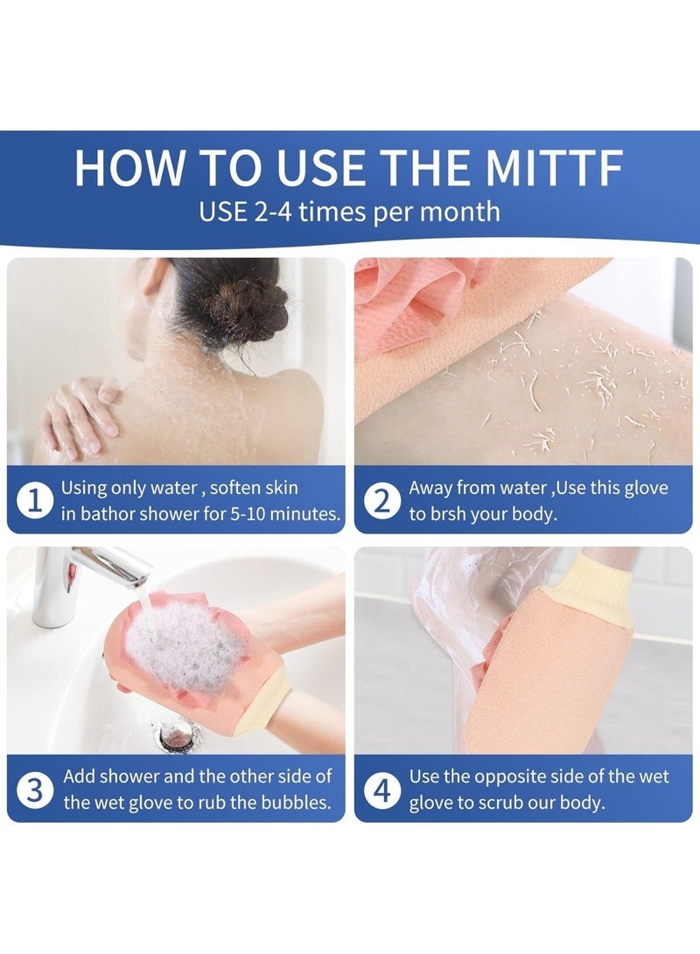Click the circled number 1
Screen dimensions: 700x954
(35, 500)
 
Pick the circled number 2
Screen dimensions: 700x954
(381, 501)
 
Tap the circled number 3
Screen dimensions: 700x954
(35, 790)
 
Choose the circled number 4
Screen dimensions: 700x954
(381, 790)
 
